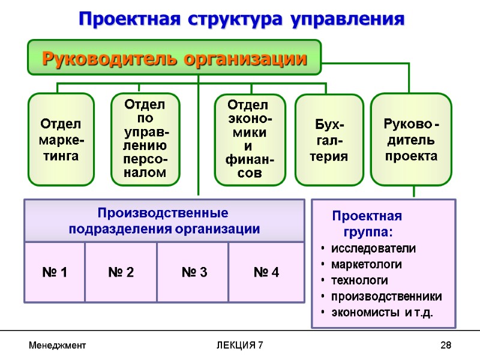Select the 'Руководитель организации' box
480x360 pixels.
(174, 59)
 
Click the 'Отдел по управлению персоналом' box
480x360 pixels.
(146, 139)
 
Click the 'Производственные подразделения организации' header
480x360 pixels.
(164, 221)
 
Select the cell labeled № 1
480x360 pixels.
(55, 272)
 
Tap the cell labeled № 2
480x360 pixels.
(121, 272)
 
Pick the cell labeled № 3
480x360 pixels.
(194, 272)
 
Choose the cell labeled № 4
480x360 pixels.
(266, 272)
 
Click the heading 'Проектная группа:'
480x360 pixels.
(367, 223)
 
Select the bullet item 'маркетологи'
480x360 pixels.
(366, 265)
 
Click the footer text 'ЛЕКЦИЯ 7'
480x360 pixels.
(239, 346)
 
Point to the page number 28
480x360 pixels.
(445, 346)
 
